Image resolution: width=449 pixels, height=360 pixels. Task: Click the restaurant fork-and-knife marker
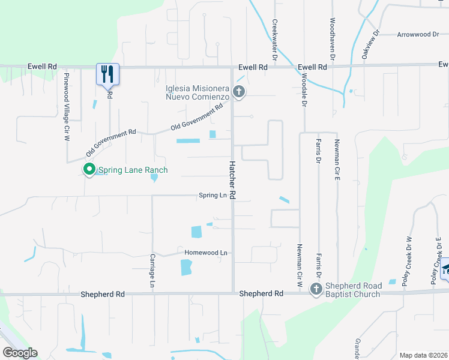(108, 74)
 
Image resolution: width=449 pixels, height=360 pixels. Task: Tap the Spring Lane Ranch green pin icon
(89, 170)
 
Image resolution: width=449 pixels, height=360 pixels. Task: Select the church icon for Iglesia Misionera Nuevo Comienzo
(240, 92)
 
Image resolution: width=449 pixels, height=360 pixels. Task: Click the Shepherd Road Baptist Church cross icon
(316, 289)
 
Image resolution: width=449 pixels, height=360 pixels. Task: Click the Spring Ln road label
(214, 196)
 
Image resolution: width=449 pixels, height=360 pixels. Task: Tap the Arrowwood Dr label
(418, 35)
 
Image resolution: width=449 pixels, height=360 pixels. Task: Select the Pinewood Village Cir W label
(67, 107)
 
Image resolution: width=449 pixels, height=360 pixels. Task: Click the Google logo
(20, 353)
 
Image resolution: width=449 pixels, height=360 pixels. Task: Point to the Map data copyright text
(423, 355)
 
